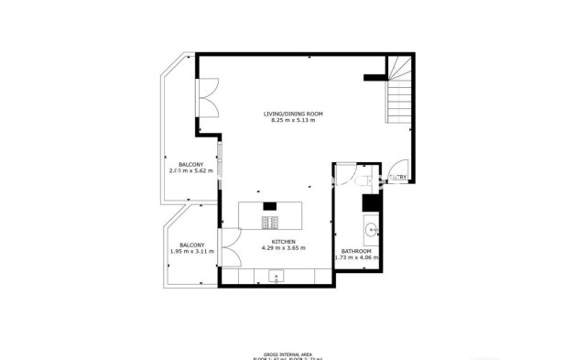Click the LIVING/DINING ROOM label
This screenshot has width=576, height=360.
[x=293, y=114]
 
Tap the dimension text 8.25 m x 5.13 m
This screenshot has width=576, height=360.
[x=293, y=121]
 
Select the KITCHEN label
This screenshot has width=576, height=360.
[x=283, y=241]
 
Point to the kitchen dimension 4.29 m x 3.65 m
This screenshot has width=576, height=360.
[x=283, y=248]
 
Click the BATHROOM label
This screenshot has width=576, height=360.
[x=356, y=251]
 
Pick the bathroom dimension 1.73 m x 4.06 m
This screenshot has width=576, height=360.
[x=356, y=258]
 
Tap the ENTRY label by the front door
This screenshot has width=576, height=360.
[x=398, y=177]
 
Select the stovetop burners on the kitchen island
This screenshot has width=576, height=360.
[x=273, y=222]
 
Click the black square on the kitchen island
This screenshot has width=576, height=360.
[x=269, y=207]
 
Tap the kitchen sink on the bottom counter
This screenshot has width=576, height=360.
[x=275, y=275]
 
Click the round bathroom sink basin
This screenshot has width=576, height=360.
[x=372, y=230]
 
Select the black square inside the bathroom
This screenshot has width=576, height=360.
[x=370, y=203]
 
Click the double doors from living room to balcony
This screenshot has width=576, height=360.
[x=208, y=98]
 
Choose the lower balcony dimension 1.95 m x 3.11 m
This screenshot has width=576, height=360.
[x=191, y=252]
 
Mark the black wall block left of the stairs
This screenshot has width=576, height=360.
[x=375, y=79]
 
